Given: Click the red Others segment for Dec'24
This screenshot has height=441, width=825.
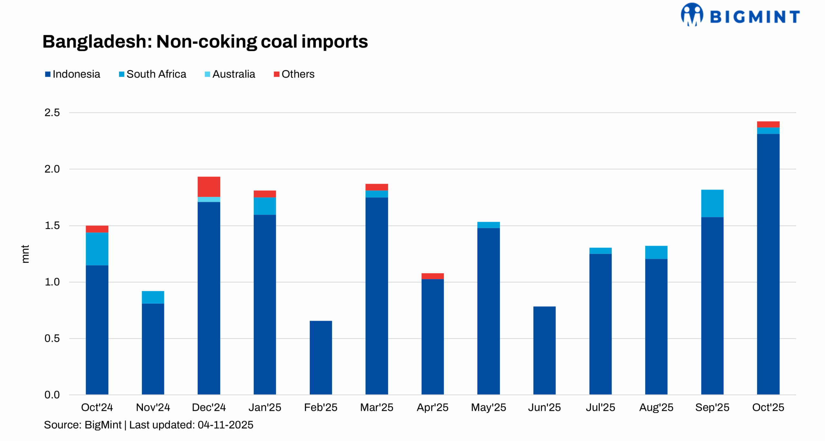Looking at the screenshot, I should click(x=209, y=186).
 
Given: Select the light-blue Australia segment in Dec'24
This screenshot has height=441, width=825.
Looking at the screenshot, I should click(x=209, y=199).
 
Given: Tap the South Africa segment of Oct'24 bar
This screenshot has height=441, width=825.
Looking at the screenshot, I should click(x=97, y=249).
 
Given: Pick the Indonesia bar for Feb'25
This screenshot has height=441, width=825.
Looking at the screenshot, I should click(x=321, y=357).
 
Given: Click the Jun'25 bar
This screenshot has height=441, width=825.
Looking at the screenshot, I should click(x=544, y=350).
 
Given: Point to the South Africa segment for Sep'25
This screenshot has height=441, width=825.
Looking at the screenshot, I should click(x=712, y=203).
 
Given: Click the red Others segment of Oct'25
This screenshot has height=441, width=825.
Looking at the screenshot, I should click(x=768, y=124).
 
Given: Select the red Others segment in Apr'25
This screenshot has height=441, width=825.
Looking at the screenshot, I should click(x=432, y=276).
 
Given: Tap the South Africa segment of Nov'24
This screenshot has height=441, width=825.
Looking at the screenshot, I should click(x=153, y=297).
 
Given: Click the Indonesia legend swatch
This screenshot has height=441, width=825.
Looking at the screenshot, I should click(x=48, y=74).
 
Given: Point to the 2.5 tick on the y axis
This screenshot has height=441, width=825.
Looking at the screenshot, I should click(x=52, y=113).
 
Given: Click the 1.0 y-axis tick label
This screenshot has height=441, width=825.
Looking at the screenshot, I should click(x=52, y=282).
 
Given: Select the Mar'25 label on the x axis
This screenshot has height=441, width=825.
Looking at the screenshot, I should click(x=376, y=407).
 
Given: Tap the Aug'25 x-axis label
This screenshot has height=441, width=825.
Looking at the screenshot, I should click(x=656, y=407).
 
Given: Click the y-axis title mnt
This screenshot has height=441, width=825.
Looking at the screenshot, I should click(x=25, y=254).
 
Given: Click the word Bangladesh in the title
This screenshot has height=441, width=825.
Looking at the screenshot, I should click(x=97, y=42).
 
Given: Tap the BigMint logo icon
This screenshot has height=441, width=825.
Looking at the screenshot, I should click(x=692, y=15).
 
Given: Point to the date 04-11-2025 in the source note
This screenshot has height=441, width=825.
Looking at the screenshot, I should click(x=225, y=425).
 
